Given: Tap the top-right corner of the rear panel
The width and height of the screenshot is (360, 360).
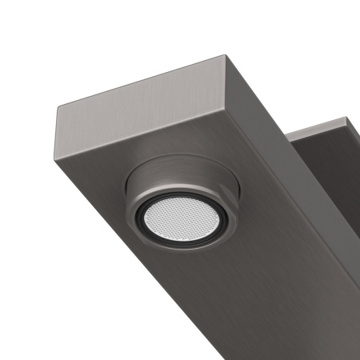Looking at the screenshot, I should pyautogui.click(x=349, y=119).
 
